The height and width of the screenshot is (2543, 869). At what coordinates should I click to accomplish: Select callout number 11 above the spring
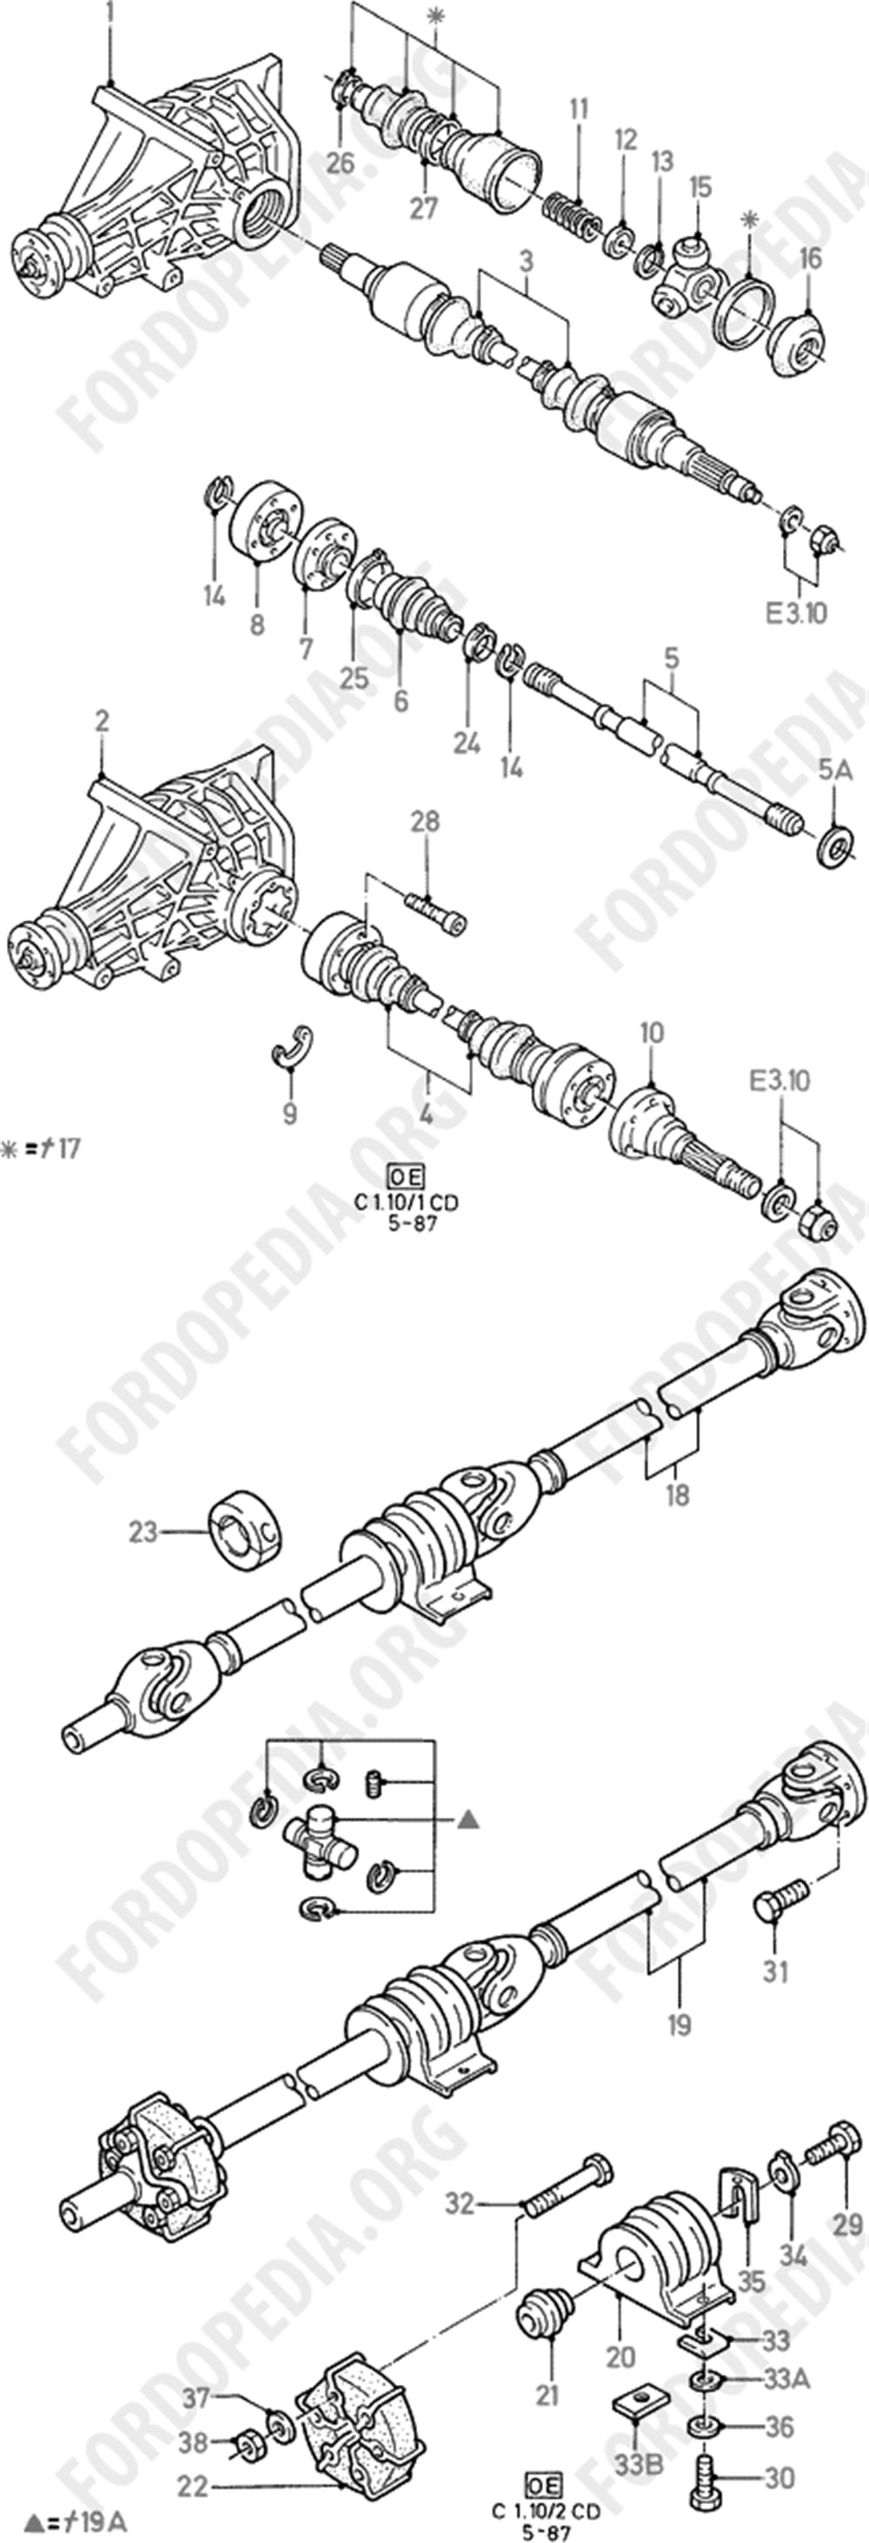[x=578, y=109]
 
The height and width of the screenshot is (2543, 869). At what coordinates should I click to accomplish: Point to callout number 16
[x=810, y=260]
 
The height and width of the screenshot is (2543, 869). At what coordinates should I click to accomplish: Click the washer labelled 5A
[x=838, y=848]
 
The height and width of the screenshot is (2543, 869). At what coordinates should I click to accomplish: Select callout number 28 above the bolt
[x=426, y=822]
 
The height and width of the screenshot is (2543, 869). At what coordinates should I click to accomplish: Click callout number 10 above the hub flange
[x=652, y=1034]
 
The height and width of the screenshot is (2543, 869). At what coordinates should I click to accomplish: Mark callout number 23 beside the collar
[x=143, y=1533]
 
